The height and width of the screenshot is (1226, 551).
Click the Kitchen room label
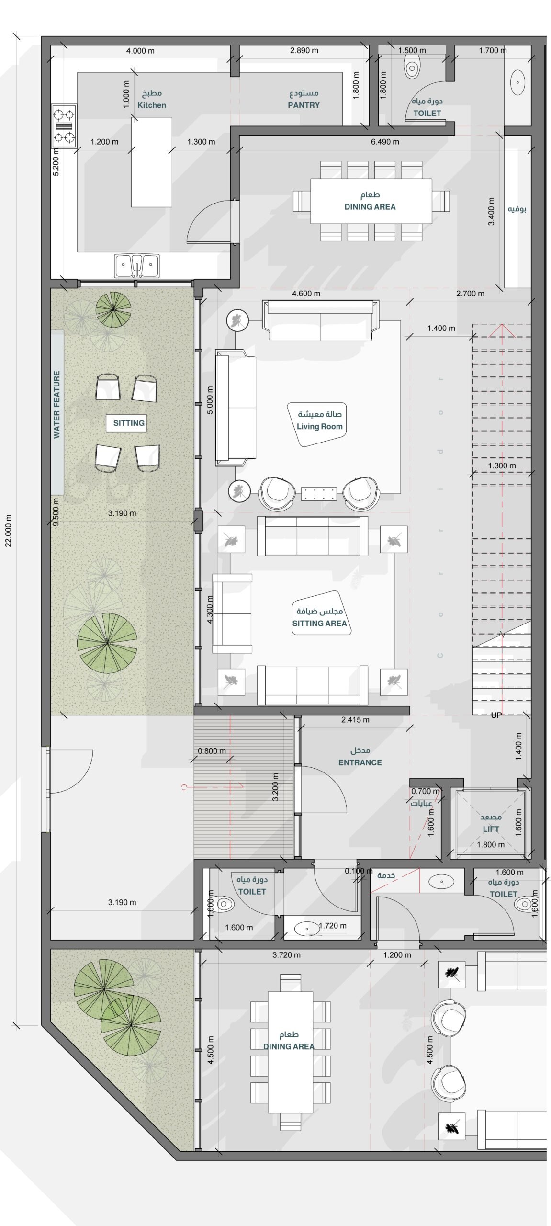(x=152, y=105)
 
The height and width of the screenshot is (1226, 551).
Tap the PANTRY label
(x=304, y=105)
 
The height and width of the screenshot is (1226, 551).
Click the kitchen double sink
(x=137, y=266)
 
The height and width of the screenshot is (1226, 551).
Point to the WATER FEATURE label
(x=57, y=405)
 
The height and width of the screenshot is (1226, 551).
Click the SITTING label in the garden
(x=129, y=423)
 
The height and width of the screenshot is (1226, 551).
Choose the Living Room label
(x=320, y=426)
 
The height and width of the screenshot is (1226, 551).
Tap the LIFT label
(x=491, y=829)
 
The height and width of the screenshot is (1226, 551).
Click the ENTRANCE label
(x=360, y=762)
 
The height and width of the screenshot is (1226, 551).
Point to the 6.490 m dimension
(x=385, y=142)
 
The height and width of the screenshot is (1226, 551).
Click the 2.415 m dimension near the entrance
(x=355, y=719)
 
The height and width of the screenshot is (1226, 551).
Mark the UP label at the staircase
(x=496, y=715)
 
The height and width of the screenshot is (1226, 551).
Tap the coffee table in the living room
(x=319, y=493)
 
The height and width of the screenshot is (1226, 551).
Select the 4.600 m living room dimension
(x=306, y=294)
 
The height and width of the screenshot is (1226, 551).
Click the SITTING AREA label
(x=319, y=623)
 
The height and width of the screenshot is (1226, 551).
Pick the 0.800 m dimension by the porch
(x=212, y=751)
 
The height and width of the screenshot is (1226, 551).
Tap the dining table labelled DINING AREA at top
(x=371, y=201)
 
